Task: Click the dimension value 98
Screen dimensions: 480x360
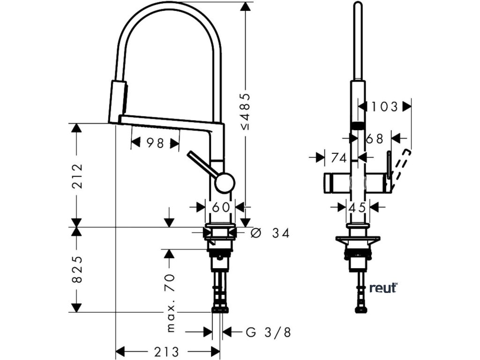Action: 154,143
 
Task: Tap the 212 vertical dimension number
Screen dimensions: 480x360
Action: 77,175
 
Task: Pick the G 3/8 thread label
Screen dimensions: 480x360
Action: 268,332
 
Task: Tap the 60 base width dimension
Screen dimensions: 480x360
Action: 221,206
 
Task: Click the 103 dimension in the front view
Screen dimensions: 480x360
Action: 384,107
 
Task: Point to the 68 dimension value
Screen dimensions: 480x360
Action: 375,138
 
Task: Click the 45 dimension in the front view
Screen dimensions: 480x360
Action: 357,206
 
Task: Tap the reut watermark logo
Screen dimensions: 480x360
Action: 383,288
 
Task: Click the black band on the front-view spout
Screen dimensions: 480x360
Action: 358,125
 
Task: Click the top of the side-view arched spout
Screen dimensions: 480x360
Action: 169,4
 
